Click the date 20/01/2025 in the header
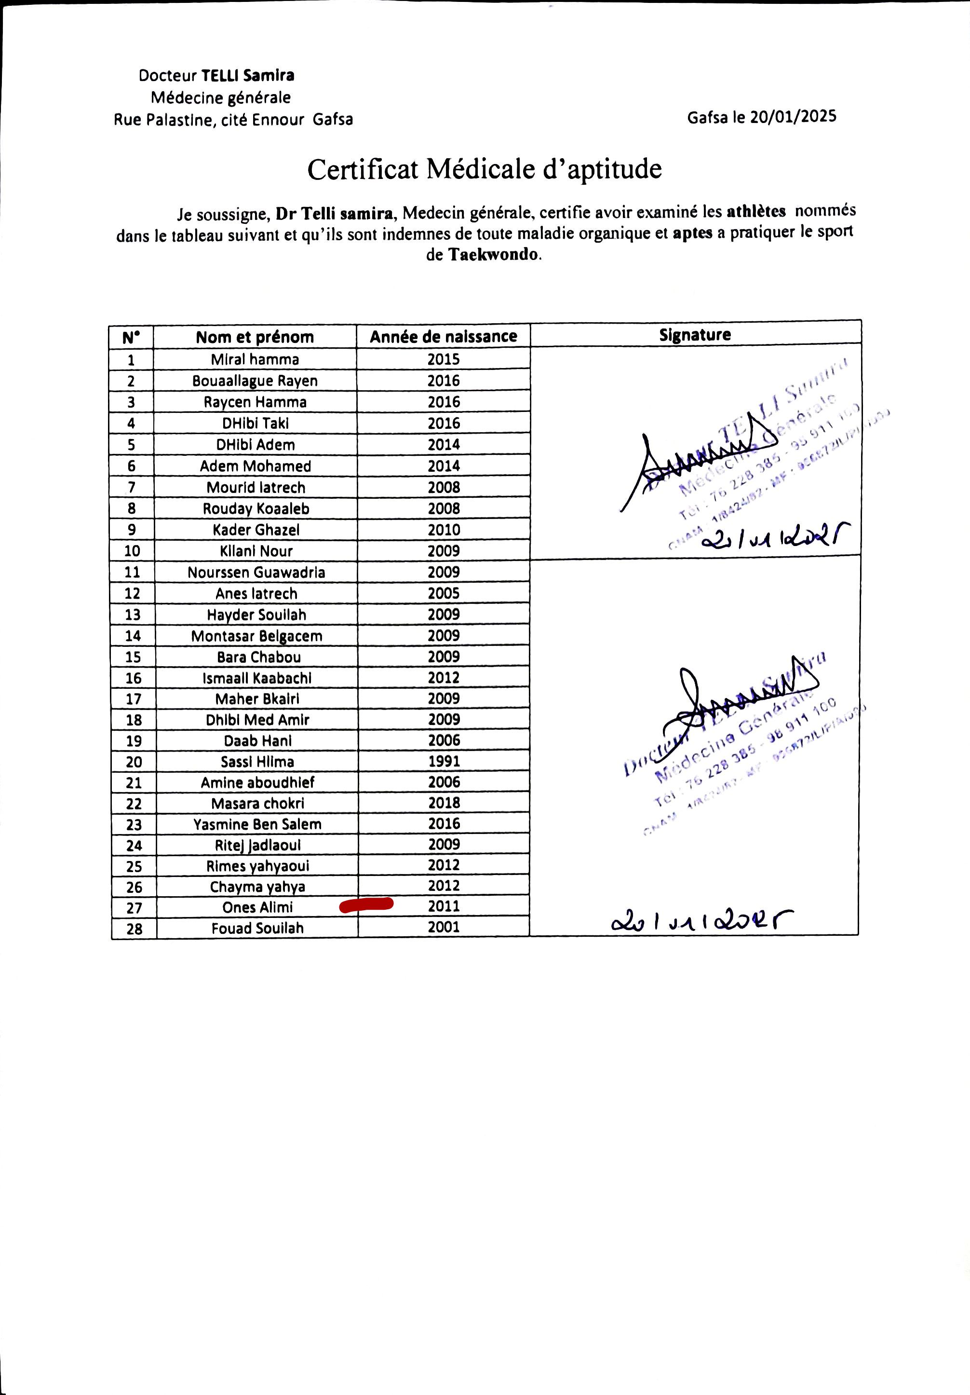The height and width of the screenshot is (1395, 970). coord(793,117)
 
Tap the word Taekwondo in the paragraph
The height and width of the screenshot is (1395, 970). coord(494,255)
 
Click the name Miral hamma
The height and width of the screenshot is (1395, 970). coord(255,359)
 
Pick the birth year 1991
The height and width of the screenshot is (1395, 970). coord(444,761)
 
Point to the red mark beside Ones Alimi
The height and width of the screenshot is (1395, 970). coord(366,905)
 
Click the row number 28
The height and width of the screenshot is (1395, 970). coord(134,929)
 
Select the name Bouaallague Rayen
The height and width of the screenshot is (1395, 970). coord(255,381)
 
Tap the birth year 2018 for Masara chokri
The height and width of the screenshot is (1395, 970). coord(444,803)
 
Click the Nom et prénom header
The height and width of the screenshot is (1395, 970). coord(255,337)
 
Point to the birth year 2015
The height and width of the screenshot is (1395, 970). coord(444,359)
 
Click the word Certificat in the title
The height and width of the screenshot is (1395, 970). coord(363,169)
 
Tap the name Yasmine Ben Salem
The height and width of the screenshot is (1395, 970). coord(257,824)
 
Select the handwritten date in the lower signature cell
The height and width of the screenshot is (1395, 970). coord(702,922)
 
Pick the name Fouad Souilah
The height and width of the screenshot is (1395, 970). coord(257,929)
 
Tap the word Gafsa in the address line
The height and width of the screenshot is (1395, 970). coord(333,119)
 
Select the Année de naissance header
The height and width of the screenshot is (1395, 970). coord(444,337)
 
